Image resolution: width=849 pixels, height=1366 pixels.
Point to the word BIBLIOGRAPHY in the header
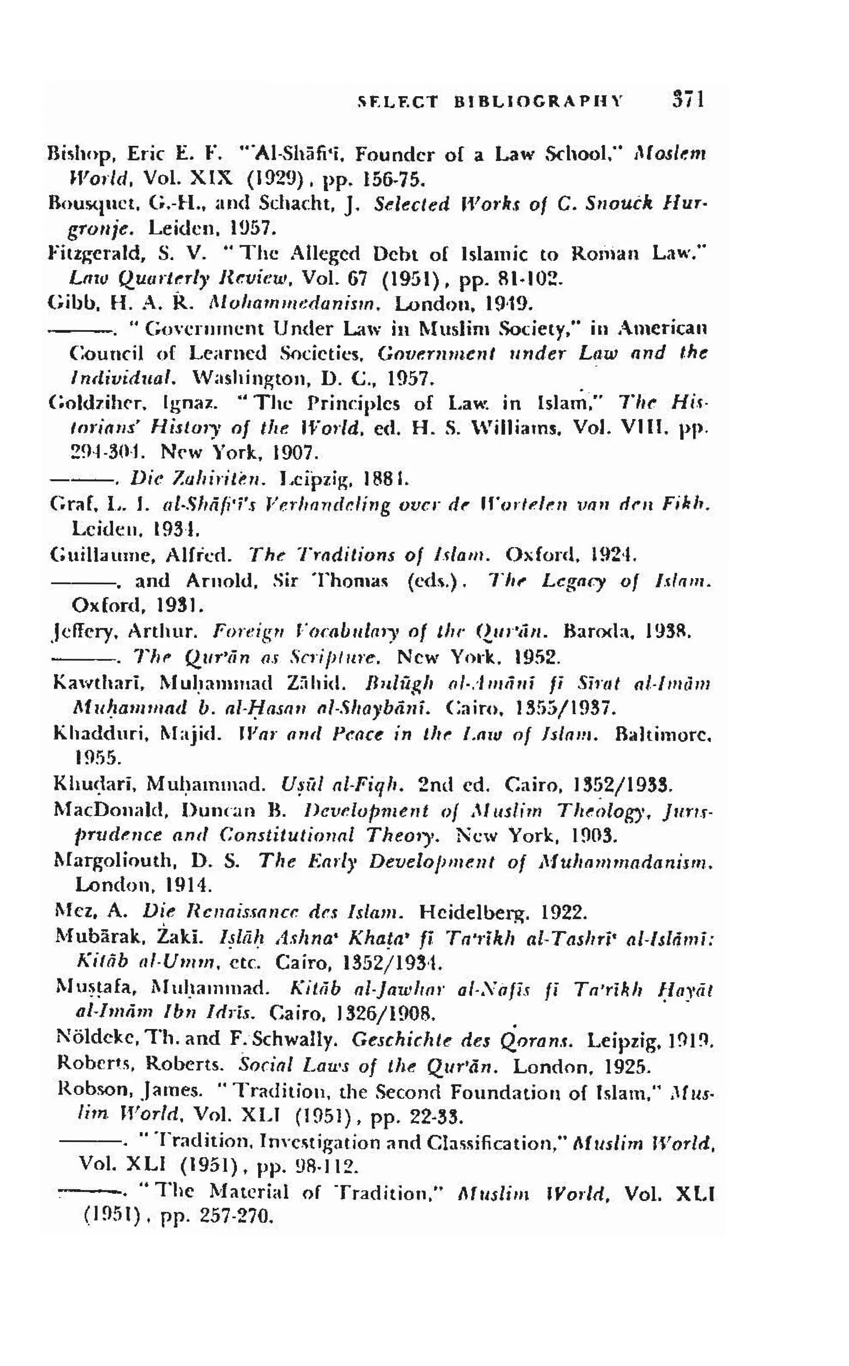tap(538, 102)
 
